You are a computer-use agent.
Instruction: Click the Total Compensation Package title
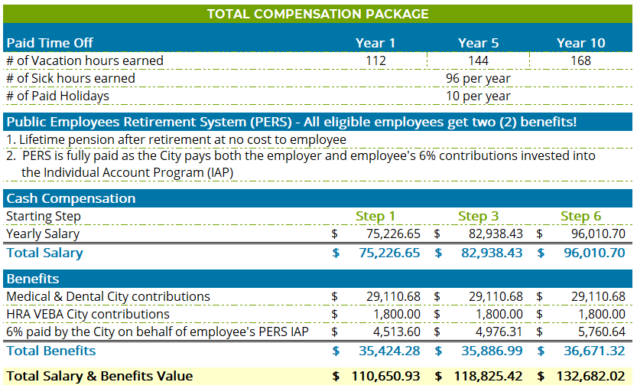tap(317, 14)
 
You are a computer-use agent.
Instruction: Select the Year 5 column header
tap(478, 43)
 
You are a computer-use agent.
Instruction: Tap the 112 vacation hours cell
tap(375, 60)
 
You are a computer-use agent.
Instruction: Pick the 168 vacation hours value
tap(580, 60)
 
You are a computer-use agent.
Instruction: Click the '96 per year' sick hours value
tap(478, 78)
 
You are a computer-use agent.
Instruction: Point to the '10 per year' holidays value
tap(478, 96)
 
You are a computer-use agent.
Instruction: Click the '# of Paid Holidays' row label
tap(57, 96)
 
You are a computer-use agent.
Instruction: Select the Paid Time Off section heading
tap(50, 43)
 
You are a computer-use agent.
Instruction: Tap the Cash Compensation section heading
tap(70, 198)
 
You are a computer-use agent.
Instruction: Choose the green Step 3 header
tap(478, 216)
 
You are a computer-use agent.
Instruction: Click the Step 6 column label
tap(580, 216)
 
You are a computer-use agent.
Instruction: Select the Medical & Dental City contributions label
tap(108, 296)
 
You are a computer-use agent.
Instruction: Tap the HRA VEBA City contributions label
tap(88, 314)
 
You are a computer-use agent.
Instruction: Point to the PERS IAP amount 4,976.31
tap(496, 332)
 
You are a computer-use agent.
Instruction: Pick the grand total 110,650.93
tap(385, 376)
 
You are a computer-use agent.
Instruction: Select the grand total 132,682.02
tap(589, 376)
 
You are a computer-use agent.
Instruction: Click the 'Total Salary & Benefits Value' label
tap(99, 376)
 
